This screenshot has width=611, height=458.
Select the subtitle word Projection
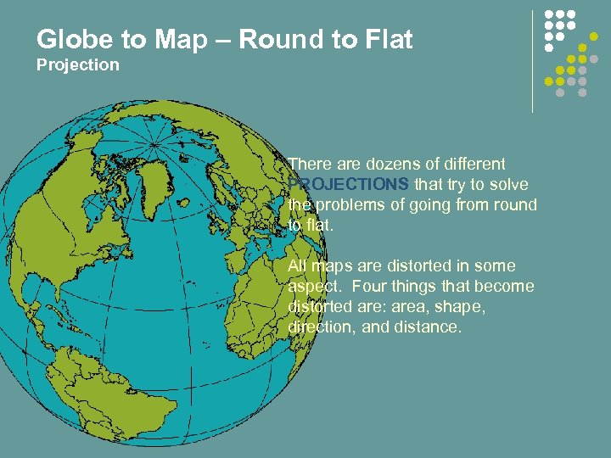tap(78, 65)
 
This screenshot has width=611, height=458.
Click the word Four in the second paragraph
tap(368, 286)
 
